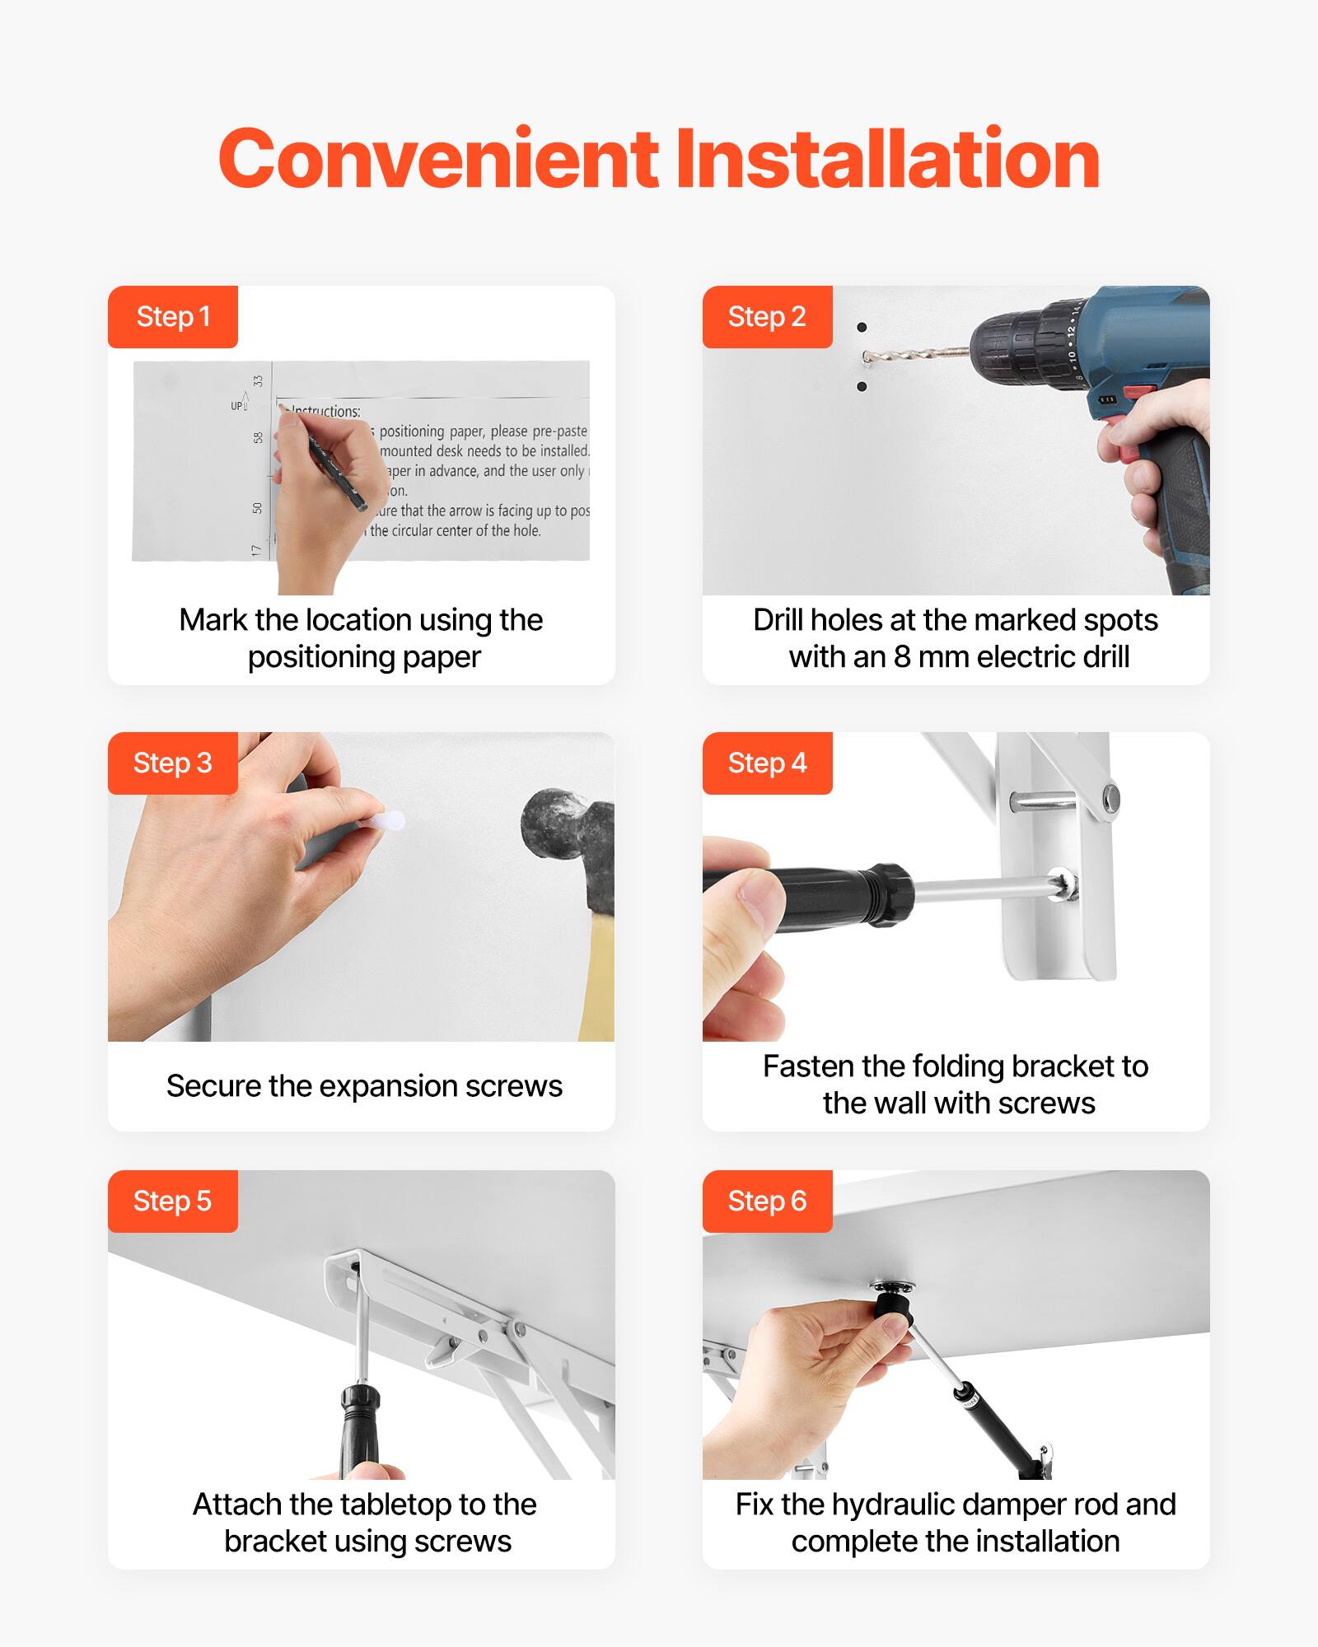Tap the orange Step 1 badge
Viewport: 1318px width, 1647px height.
pos(173,317)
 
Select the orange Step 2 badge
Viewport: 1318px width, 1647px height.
pos(767,317)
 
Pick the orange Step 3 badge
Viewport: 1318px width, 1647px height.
pos(173,763)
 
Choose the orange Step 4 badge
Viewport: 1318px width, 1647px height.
pos(767,763)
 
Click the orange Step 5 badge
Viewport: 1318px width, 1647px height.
pos(173,1201)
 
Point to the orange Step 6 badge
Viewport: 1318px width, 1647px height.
pos(767,1201)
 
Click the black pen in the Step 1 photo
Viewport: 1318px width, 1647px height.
pos(338,474)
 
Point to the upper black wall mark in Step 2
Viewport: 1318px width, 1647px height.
pos(862,328)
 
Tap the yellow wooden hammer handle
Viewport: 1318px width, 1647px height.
pos(597,980)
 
